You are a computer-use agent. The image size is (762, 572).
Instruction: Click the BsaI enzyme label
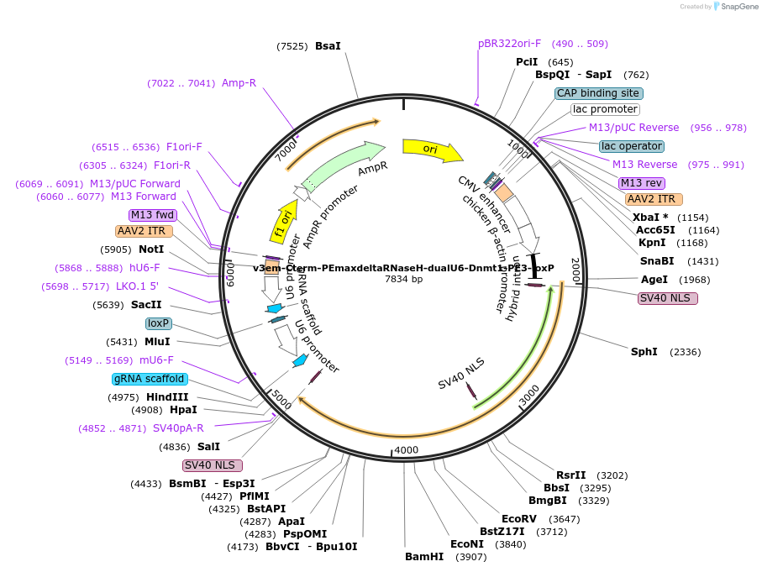[x=328, y=46]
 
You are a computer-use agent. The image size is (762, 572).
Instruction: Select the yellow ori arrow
[x=431, y=150]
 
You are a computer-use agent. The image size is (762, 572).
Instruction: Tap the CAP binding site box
[x=598, y=93]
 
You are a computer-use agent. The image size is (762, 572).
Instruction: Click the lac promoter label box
[x=605, y=109]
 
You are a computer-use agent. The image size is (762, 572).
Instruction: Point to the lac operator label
[x=632, y=146]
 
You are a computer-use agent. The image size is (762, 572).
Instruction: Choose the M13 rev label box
[x=642, y=183]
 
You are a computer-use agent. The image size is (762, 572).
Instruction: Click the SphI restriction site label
[x=644, y=352]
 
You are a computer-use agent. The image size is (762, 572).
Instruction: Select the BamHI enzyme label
[x=424, y=557]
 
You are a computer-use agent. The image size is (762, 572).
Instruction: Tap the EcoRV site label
[x=518, y=519]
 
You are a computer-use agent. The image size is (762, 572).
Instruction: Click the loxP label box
[x=158, y=323]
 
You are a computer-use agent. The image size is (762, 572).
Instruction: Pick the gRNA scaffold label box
[x=149, y=379]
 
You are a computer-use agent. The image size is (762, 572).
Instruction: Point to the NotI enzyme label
[x=151, y=249]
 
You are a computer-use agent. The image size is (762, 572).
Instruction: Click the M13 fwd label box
[x=152, y=215]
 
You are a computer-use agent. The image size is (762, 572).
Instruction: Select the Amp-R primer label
[x=239, y=83]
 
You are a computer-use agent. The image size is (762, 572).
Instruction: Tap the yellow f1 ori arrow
[x=282, y=221]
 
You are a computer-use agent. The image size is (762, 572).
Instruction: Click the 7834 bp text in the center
[x=403, y=279]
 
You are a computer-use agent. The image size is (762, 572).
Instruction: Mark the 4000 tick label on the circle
[x=407, y=450]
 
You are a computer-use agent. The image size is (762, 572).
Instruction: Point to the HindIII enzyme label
[x=168, y=397]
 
